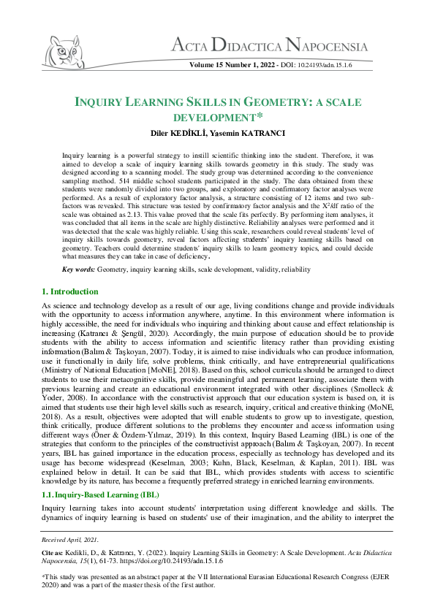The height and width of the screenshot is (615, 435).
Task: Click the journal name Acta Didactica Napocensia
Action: (x=270, y=47)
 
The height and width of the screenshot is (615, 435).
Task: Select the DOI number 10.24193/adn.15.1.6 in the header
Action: (x=325, y=66)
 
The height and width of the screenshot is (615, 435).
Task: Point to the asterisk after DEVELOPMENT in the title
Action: (x=260, y=115)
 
